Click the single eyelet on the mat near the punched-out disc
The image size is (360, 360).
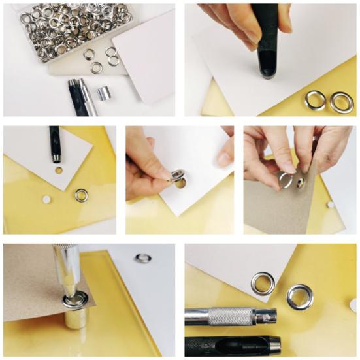[82, 195]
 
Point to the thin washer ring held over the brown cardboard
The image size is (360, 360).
[286, 180]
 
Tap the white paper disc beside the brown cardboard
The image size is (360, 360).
[331, 205]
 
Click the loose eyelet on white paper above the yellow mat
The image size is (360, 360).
[143, 257]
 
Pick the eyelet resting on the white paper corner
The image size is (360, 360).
[263, 283]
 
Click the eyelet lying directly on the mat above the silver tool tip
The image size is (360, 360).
[300, 296]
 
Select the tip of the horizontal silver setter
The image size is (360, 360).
[268, 318]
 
